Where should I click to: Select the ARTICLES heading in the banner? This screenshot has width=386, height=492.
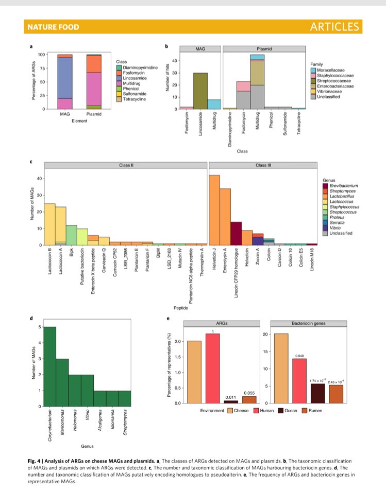point(334,26)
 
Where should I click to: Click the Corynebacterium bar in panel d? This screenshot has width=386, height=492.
point(50,366)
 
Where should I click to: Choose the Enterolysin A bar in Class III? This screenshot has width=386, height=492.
point(225,217)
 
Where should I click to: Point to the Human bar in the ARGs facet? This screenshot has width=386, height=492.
point(212,368)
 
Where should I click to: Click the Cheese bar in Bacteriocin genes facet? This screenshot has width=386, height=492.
point(281,368)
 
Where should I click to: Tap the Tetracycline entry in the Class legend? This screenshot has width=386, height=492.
point(132,99)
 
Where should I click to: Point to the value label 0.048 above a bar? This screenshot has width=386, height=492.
point(299,356)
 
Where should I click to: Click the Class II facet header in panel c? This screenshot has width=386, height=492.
point(125,165)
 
